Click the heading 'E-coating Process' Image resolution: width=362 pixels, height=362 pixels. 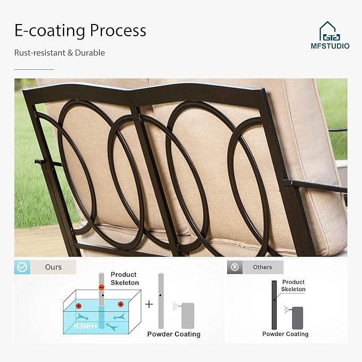80,31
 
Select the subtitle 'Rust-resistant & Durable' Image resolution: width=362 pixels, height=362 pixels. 59,53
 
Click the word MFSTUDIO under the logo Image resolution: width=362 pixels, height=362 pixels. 330,46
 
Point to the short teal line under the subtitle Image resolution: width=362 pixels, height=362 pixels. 34,69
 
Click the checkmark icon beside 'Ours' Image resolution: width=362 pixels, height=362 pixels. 22,267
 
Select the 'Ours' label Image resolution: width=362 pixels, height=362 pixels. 53,267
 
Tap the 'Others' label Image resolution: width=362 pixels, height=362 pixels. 262,267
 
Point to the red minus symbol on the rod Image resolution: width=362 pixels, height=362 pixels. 101,287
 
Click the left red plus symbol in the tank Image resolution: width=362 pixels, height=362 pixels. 78,306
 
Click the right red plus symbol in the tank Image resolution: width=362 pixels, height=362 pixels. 120,304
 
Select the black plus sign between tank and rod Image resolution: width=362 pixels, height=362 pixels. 149,304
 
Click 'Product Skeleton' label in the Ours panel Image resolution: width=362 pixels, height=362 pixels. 124,278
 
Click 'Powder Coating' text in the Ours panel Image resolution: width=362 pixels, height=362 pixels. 174,334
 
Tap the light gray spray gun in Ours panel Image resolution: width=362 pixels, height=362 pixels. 188,316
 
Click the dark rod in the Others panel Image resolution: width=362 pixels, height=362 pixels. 275,304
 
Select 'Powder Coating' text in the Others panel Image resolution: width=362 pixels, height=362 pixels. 285,334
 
